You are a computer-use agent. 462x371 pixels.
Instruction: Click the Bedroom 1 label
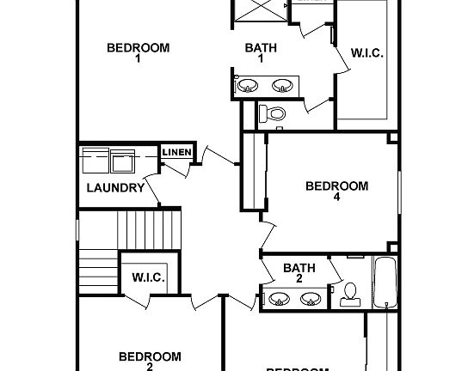click(x=138, y=53)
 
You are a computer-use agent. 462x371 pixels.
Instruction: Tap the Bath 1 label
click(x=260, y=53)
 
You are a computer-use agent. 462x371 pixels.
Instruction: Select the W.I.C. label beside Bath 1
click(x=367, y=53)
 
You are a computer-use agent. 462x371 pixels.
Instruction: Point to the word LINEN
click(x=176, y=153)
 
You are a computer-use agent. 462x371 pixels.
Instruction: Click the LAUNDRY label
click(x=115, y=187)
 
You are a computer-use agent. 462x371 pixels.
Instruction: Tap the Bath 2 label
click(x=299, y=273)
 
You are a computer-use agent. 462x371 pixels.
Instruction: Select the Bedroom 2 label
click(x=150, y=361)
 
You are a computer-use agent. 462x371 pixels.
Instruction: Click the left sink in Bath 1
click(x=249, y=86)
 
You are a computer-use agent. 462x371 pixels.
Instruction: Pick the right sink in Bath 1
click(x=281, y=86)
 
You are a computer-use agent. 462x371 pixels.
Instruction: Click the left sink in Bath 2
click(x=279, y=300)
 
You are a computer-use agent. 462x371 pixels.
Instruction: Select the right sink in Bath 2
click(x=311, y=300)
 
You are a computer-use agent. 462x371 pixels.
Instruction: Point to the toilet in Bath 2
click(x=350, y=295)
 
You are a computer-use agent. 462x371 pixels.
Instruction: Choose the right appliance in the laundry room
click(x=122, y=161)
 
